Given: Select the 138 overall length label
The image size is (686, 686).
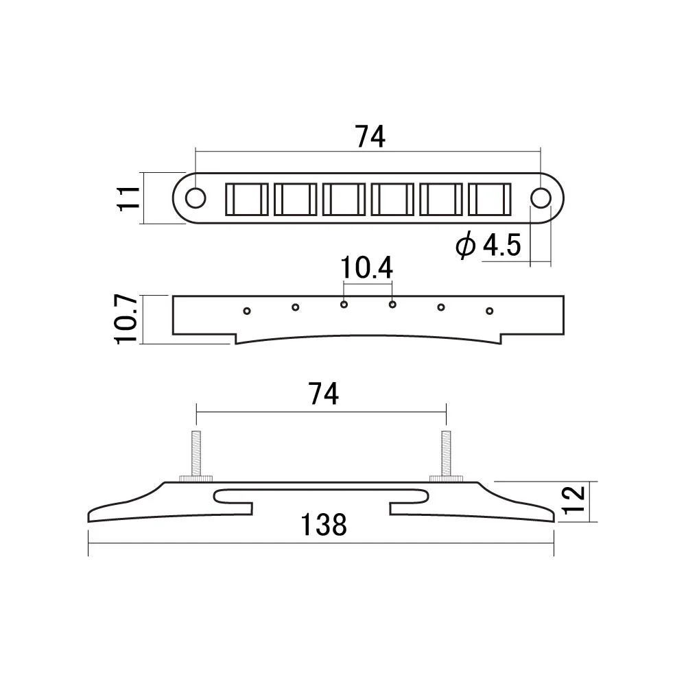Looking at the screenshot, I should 324,525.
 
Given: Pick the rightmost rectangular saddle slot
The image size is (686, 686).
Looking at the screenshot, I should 490,199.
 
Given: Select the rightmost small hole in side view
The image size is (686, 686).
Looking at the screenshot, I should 490,311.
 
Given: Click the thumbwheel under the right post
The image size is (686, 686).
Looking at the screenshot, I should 446,478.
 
